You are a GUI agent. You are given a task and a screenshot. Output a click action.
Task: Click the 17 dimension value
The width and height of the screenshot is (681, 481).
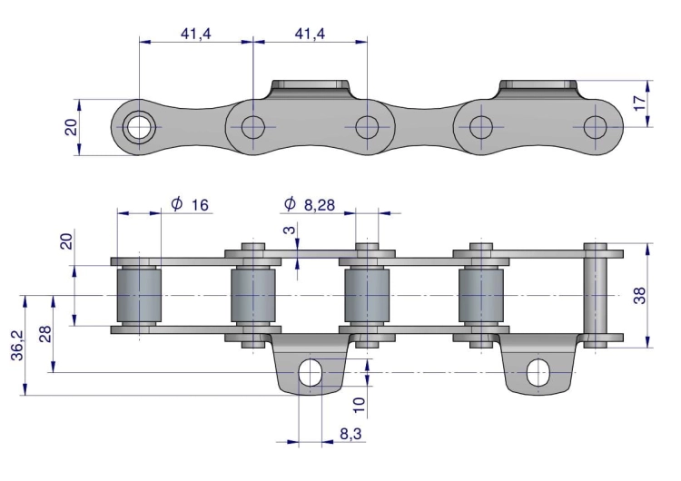(x=640, y=103)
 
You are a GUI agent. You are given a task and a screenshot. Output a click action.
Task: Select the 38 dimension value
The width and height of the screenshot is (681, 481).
(x=640, y=295)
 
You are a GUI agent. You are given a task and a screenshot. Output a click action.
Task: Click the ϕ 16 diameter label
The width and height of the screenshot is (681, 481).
(x=191, y=204)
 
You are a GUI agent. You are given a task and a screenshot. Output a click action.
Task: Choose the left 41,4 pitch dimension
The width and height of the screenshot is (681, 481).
(x=196, y=34)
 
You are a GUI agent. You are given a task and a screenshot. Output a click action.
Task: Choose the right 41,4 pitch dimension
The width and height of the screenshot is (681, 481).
(x=311, y=34)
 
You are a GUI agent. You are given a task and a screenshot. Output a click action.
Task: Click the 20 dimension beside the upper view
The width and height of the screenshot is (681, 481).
(x=72, y=126)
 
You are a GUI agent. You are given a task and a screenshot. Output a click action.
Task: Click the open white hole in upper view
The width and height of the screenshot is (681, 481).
(x=139, y=127)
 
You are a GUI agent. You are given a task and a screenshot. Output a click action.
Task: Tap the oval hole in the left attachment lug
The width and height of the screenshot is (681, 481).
(x=310, y=371)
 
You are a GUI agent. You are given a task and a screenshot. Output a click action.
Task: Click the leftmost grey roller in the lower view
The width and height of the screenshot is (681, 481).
(x=139, y=297)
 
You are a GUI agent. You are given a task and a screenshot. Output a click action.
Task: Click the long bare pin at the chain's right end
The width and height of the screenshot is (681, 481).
(x=596, y=295)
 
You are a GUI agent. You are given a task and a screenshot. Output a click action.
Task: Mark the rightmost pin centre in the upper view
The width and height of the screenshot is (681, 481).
(x=595, y=127)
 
